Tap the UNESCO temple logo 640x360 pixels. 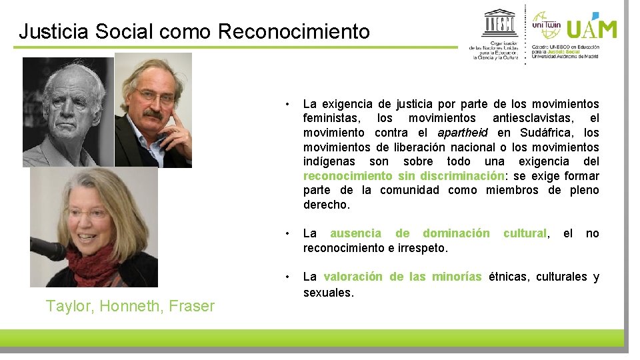pyautogui.click(x=500, y=25)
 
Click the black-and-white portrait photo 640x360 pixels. pyautogui.click(x=68, y=112)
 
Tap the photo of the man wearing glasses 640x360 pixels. pyautogui.click(x=153, y=110)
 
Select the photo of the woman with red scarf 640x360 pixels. pyautogui.click(x=93, y=227)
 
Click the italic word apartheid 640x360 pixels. pyautogui.click(x=464, y=133)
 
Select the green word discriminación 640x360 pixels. pyautogui.click(x=461, y=176)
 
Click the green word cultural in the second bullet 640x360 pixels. pyautogui.click(x=525, y=233)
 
